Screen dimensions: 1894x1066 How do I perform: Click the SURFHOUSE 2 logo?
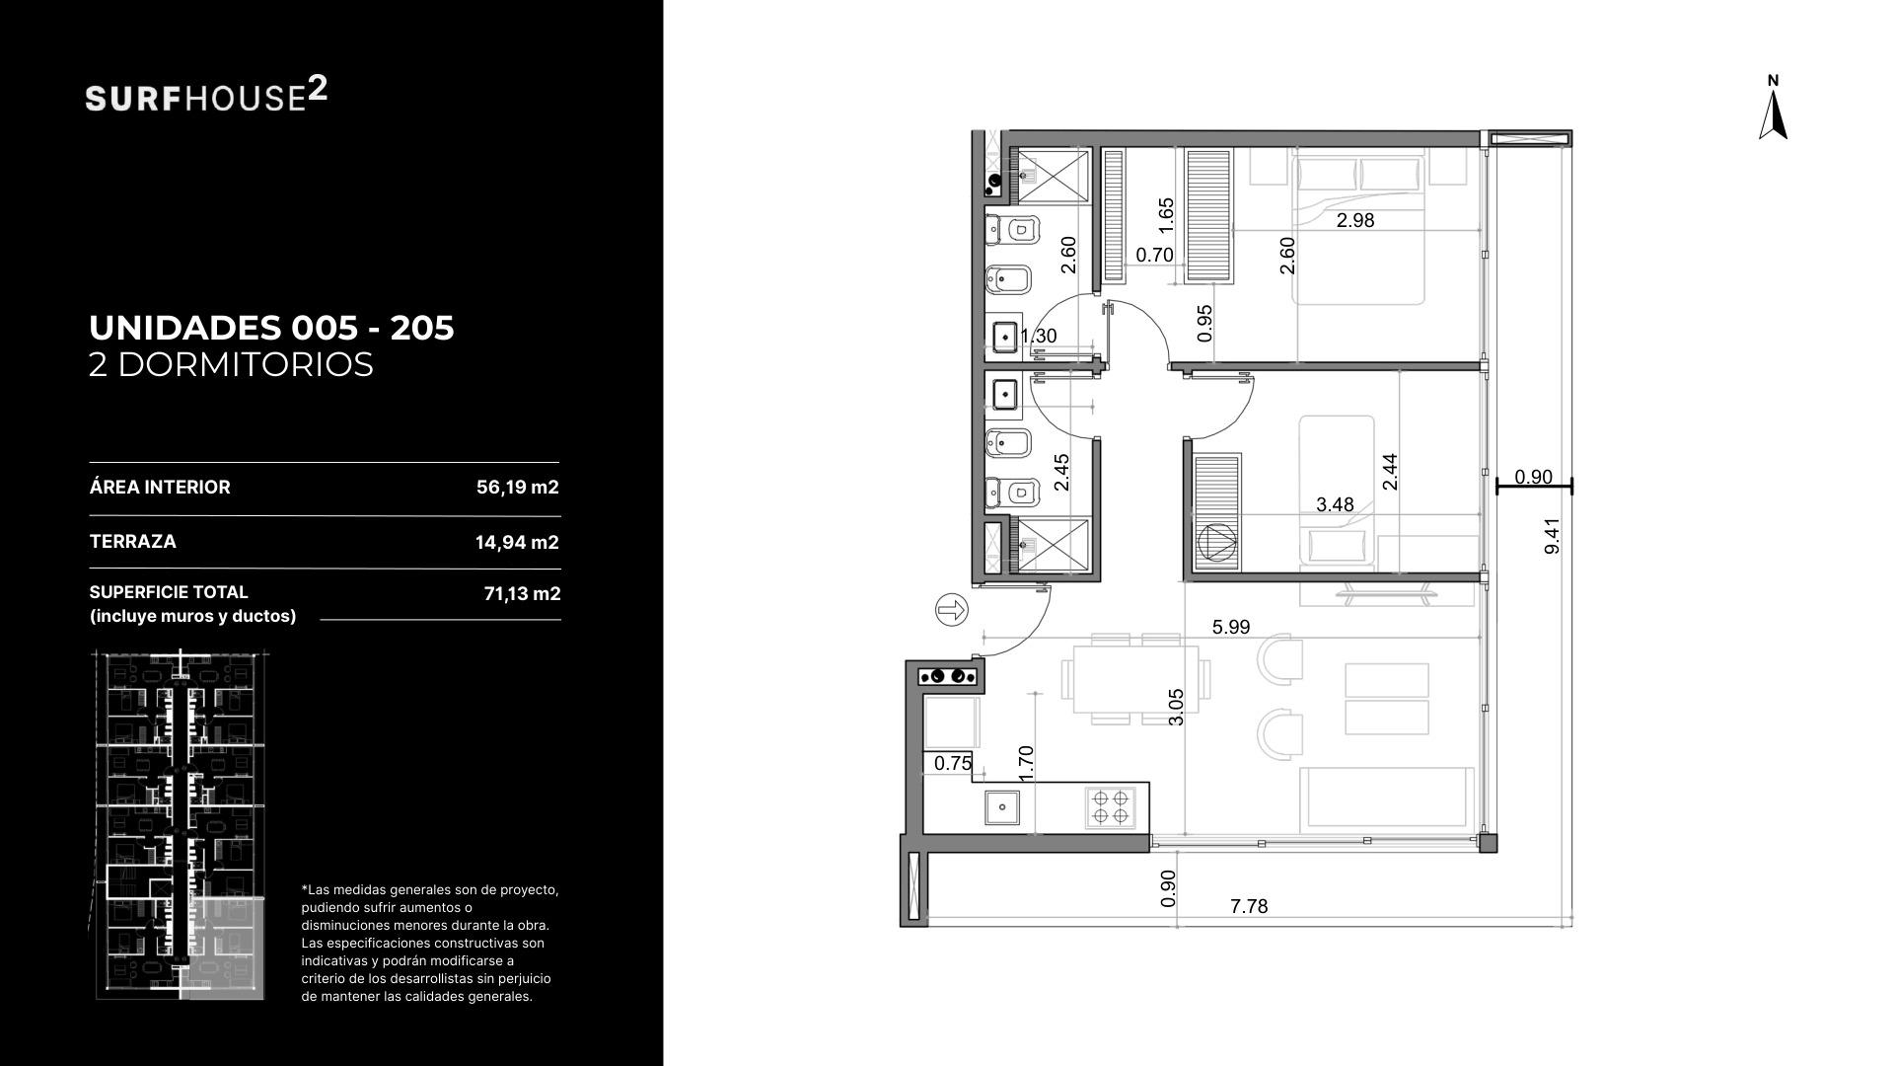tap(206, 95)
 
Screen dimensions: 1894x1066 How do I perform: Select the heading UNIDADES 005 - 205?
tap(271, 328)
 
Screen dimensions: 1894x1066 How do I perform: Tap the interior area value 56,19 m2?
tap(517, 487)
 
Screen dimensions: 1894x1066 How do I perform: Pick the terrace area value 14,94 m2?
tap(517, 542)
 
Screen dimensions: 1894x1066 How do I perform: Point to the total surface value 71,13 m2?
tap(522, 593)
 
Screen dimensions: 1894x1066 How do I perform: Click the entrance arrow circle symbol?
tap(951, 610)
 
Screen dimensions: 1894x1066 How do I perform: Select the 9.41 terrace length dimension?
tap(1552, 535)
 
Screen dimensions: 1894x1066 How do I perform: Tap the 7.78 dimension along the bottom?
tap(1249, 906)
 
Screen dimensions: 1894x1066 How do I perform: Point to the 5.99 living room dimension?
tap(1231, 626)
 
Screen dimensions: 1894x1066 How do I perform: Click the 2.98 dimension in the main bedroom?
tap(1355, 220)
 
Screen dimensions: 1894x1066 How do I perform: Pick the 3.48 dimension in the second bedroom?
tap(1335, 504)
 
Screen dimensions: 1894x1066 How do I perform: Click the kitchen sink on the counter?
tap(1002, 806)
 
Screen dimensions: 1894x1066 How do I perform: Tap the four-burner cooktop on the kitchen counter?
tap(1108, 805)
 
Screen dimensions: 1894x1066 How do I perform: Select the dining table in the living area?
tap(1130, 678)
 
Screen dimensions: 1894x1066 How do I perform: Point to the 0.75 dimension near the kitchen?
tap(953, 763)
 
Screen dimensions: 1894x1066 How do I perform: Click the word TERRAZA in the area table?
tap(132, 541)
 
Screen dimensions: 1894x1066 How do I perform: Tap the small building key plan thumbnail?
tap(182, 825)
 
